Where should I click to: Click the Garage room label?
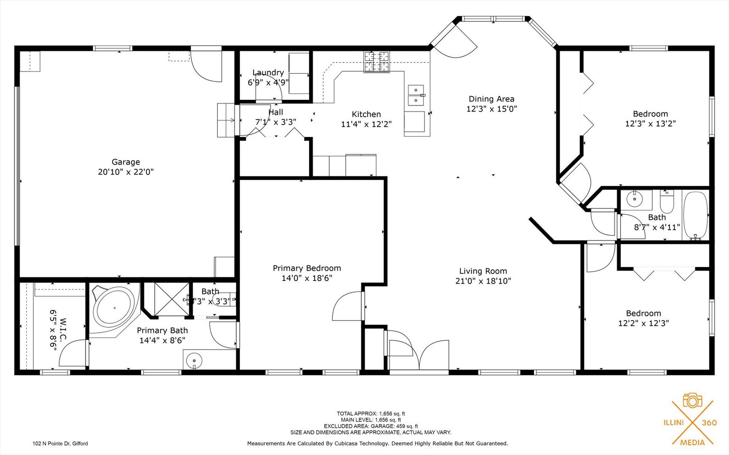pyautogui.click(x=126, y=162)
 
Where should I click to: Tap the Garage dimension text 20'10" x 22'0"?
pyautogui.click(x=126, y=172)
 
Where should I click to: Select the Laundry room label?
pyautogui.click(x=268, y=72)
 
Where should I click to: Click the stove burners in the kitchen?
pyautogui.click(x=377, y=62)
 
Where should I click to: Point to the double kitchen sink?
pyautogui.click(x=416, y=95)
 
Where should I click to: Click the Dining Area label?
pyautogui.click(x=491, y=99)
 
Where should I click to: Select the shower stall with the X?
pyautogui.click(x=172, y=300)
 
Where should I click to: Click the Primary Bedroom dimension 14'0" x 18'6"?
pyautogui.click(x=307, y=278)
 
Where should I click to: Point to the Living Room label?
pyautogui.click(x=483, y=271)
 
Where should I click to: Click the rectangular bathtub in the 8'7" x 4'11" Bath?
pyautogui.click(x=695, y=216)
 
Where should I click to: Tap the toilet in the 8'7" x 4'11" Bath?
pyautogui.click(x=667, y=202)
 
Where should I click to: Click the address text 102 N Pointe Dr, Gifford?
pyautogui.click(x=60, y=443)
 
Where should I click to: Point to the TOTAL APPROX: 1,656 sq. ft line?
pyautogui.click(x=371, y=414)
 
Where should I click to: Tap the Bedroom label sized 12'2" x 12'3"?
pyautogui.click(x=643, y=313)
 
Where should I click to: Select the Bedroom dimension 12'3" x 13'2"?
pyautogui.click(x=650, y=124)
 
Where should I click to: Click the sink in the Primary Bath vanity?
pyautogui.click(x=194, y=361)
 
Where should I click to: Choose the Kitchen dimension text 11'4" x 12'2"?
pyautogui.click(x=366, y=124)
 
